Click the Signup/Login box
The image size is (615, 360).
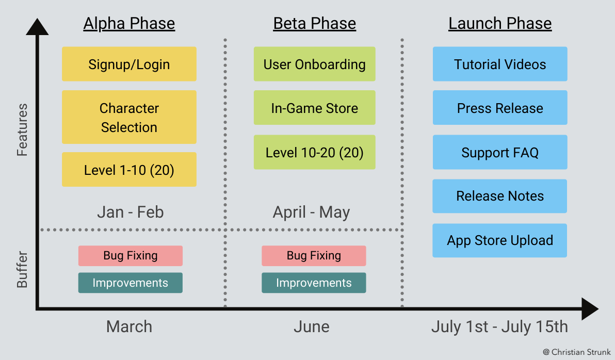click(129, 64)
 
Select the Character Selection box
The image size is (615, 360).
click(129, 118)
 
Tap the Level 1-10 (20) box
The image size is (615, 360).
click(129, 170)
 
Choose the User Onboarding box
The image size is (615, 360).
click(314, 64)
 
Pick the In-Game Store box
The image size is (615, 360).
click(314, 108)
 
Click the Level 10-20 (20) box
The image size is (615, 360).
click(314, 153)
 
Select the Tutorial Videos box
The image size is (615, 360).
click(500, 64)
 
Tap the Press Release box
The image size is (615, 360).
click(500, 108)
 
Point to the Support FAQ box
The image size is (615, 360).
click(500, 153)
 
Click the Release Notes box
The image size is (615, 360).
click(500, 196)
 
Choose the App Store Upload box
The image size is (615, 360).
click(500, 240)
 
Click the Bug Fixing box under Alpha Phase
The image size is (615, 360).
click(131, 256)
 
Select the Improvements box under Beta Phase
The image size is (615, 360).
click(314, 283)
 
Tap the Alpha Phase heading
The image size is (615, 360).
click(129, 24)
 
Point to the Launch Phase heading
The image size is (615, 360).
click(500, 24)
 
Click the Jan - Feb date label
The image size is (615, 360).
click(130, 212)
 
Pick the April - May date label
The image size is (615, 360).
click(311, 212)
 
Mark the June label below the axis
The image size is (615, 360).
click(311, 326)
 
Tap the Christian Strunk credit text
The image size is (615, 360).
click(576, 352)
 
